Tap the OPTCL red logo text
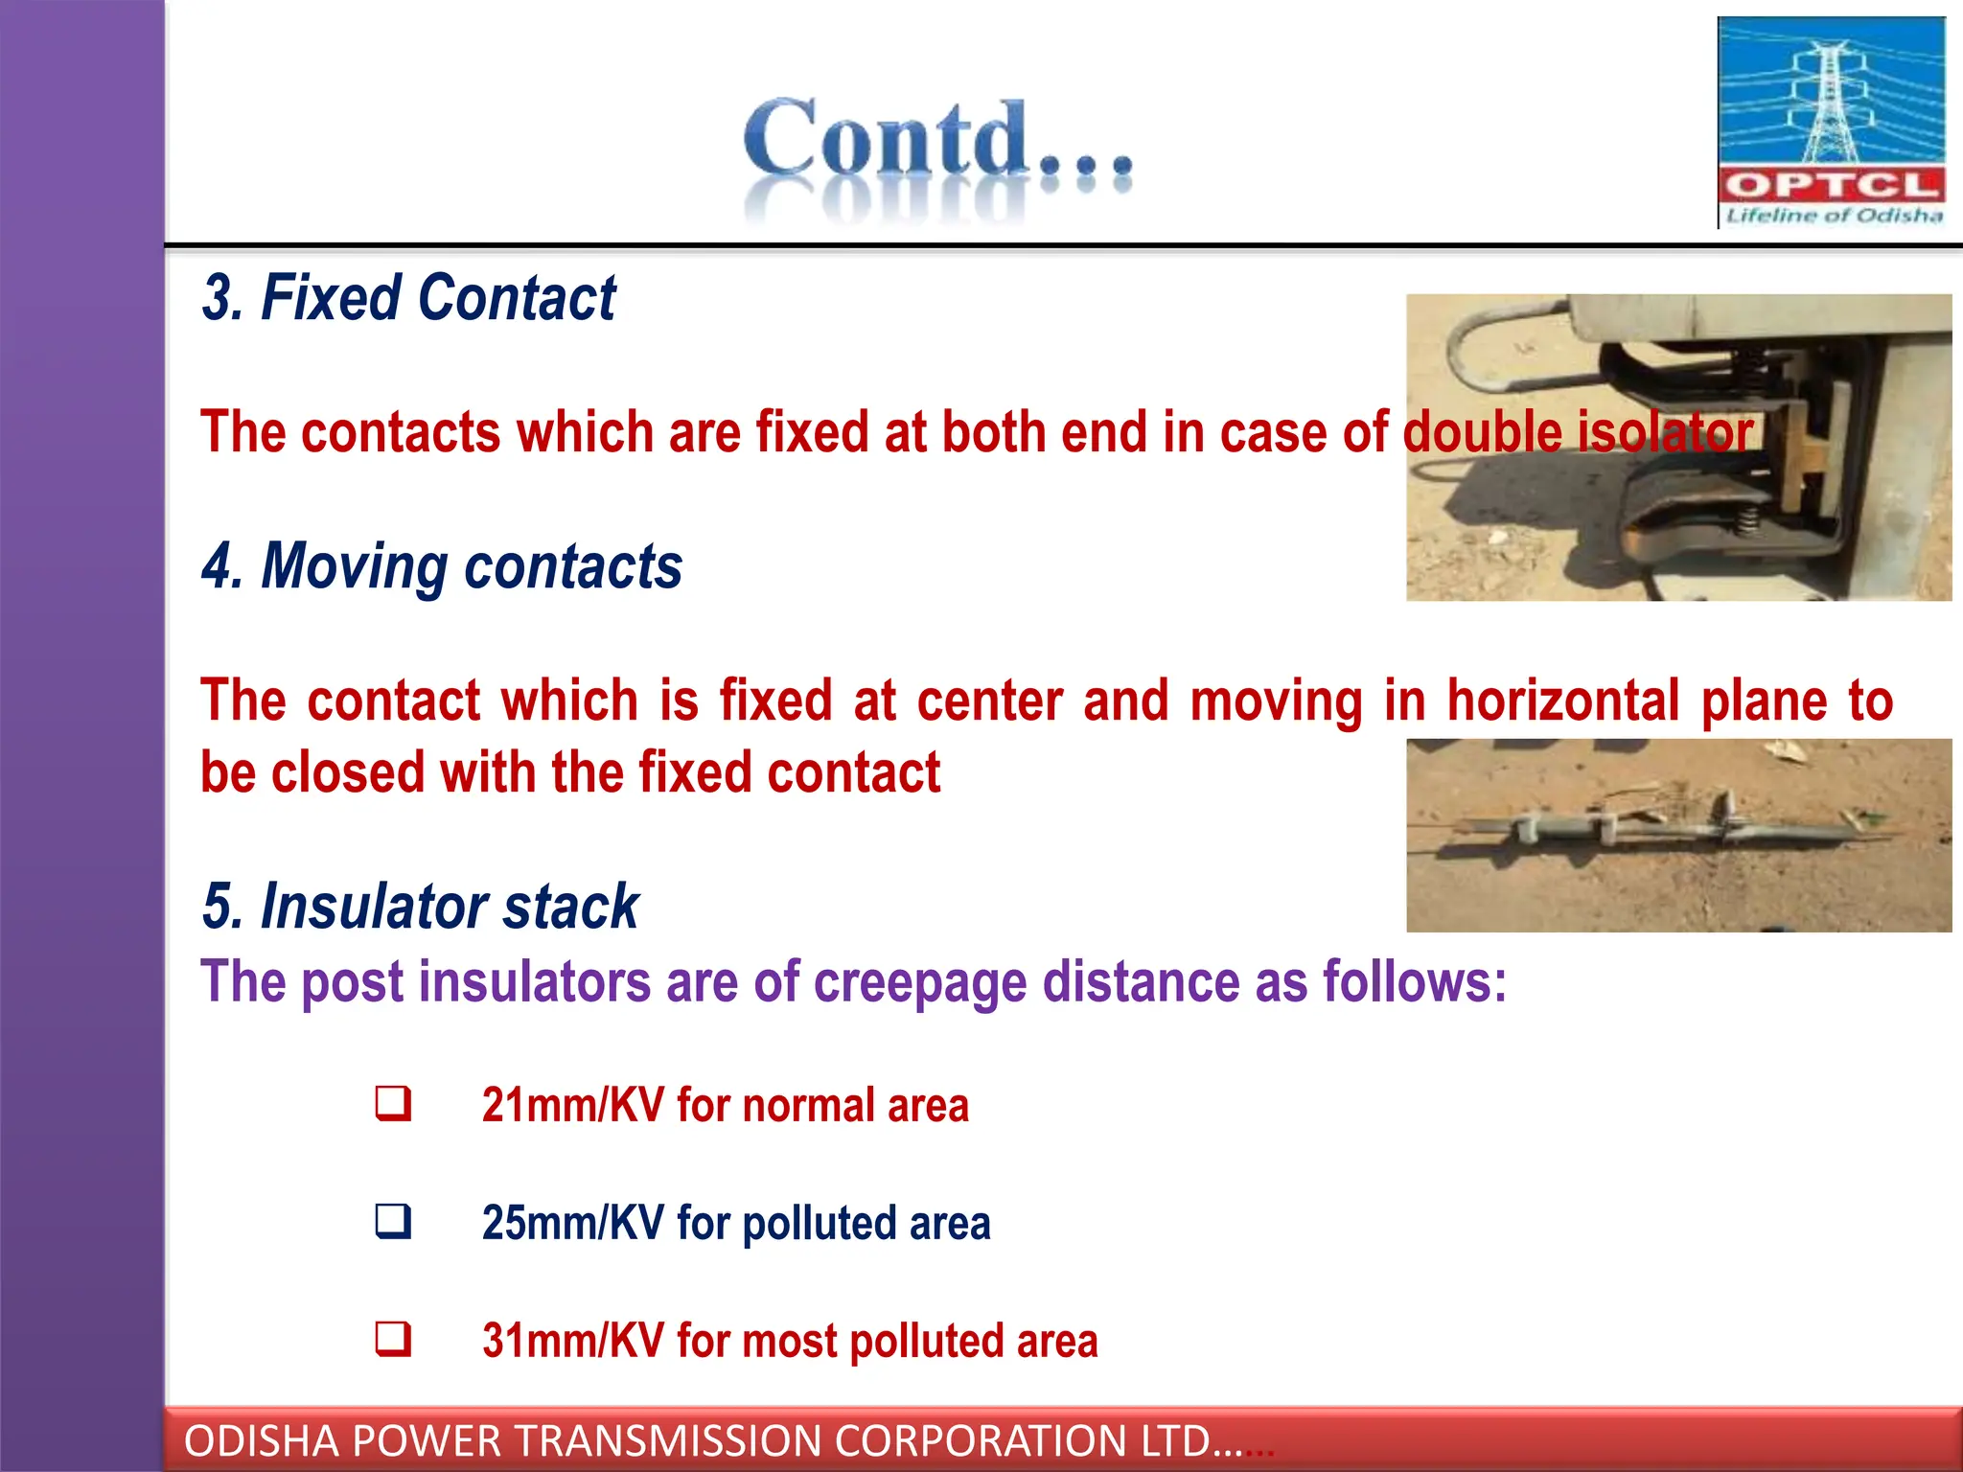click(x=1831, y=184)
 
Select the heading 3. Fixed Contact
click(x=408, y=298)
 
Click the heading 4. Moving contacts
click(x=442, y=566)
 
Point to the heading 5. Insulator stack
click(x=420, y=907)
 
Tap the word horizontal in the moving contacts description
click(x=1562, y=701)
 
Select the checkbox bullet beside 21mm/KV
click(x=393, y=1104)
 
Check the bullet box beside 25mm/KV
click(x=393, y=1222)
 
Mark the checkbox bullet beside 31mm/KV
click(x=393, y=1339)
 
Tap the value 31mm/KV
click(x=572, y=1341)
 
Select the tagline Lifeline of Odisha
click(x=1834, y=216)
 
